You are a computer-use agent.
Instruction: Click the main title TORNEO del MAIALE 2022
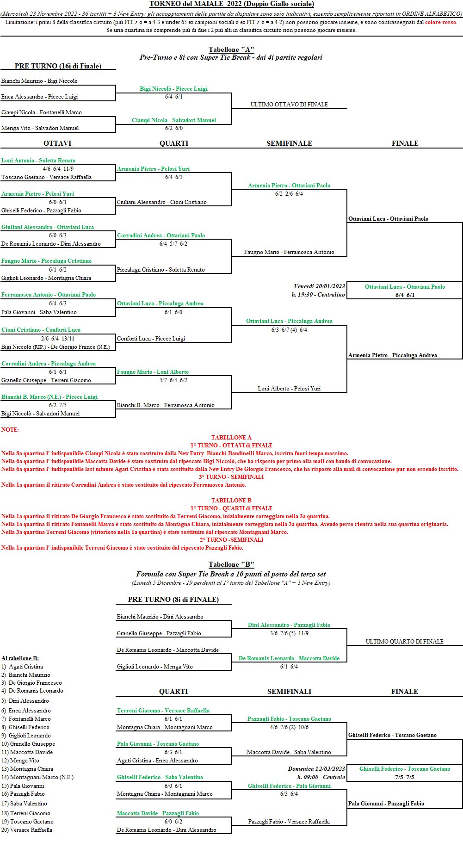pos(231,4)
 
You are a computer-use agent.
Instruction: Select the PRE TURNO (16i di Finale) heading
pos(58,66)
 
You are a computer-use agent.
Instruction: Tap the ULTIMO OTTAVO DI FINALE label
pos(289,105)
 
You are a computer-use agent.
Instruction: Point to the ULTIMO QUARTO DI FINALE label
pos(404,642)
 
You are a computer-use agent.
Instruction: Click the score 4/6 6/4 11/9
pos(58,169)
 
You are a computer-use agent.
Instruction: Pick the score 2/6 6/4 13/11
pos(58,339)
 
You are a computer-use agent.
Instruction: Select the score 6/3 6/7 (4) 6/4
pos(289,330)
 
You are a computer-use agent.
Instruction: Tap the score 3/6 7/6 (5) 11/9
pos(289,633)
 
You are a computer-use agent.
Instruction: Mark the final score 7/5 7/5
pos(405,777)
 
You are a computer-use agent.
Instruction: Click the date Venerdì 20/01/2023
pos(319,286)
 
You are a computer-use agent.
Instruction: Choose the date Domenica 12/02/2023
pos(316,769)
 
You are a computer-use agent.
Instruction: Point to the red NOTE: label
pos(10,430)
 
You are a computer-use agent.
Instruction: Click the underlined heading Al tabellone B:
pos(20,658)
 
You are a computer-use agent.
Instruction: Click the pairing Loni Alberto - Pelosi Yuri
pos(289,389)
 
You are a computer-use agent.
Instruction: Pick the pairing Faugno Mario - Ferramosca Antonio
pos(289,252)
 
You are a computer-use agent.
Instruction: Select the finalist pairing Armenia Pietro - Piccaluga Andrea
pos(393,355)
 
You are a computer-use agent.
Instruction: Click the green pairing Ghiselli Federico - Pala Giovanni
pos(289,786)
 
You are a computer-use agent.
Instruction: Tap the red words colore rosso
pos(440,22)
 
